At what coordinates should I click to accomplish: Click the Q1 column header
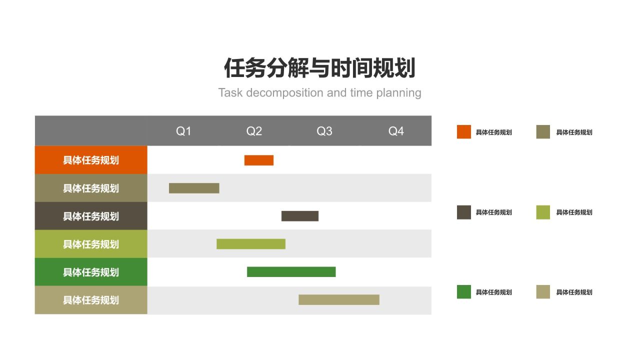183,131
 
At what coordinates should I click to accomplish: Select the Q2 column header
254,131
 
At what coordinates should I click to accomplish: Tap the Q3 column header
324,131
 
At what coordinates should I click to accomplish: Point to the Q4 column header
396,131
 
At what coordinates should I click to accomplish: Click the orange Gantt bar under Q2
259,160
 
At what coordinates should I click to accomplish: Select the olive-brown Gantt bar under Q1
194,188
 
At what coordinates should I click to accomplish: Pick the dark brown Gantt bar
300,216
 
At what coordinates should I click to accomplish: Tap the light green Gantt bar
251,244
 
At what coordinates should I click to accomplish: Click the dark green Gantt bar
291,272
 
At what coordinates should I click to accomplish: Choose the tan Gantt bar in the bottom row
339,299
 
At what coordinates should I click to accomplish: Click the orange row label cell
91,160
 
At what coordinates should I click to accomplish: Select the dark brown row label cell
91,216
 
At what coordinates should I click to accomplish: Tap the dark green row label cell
91,272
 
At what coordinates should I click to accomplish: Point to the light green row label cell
91,244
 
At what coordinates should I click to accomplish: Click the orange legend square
464,132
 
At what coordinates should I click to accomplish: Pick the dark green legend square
464,292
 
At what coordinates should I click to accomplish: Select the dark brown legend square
464,212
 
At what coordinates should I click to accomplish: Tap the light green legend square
543,212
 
